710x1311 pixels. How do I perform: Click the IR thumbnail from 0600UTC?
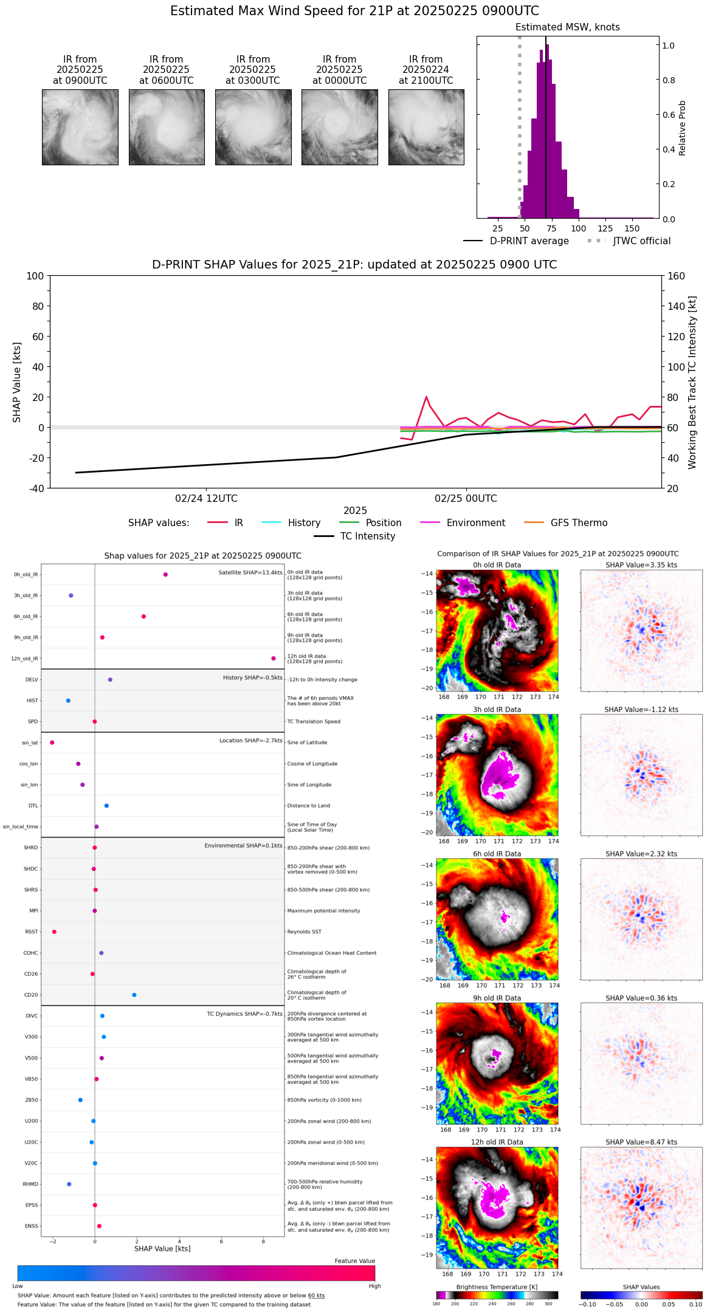[167, 127]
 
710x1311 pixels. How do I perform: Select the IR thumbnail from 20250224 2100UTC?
[426, 127]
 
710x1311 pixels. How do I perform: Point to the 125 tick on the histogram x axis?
[605, 228]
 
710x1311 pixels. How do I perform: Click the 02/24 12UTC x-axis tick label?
[206, 499]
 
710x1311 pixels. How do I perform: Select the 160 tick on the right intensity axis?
[677, 276]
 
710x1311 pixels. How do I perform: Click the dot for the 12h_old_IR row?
[274, 659]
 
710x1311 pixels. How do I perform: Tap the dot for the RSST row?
[54, 932]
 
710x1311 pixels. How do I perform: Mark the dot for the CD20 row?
[134, 995]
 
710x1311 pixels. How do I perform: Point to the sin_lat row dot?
[52, 742]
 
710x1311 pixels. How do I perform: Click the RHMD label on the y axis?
[30, 1184]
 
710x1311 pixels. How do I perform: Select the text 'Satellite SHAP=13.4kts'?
[250, 572]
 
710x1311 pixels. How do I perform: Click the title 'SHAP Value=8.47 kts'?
[641, 1142]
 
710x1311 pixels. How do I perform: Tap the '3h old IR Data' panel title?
[497, 710]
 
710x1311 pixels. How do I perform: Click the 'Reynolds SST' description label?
[305, 932]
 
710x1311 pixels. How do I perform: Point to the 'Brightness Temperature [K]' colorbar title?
[497, 1287]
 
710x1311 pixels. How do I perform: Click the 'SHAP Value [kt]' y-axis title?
[17, 382]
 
